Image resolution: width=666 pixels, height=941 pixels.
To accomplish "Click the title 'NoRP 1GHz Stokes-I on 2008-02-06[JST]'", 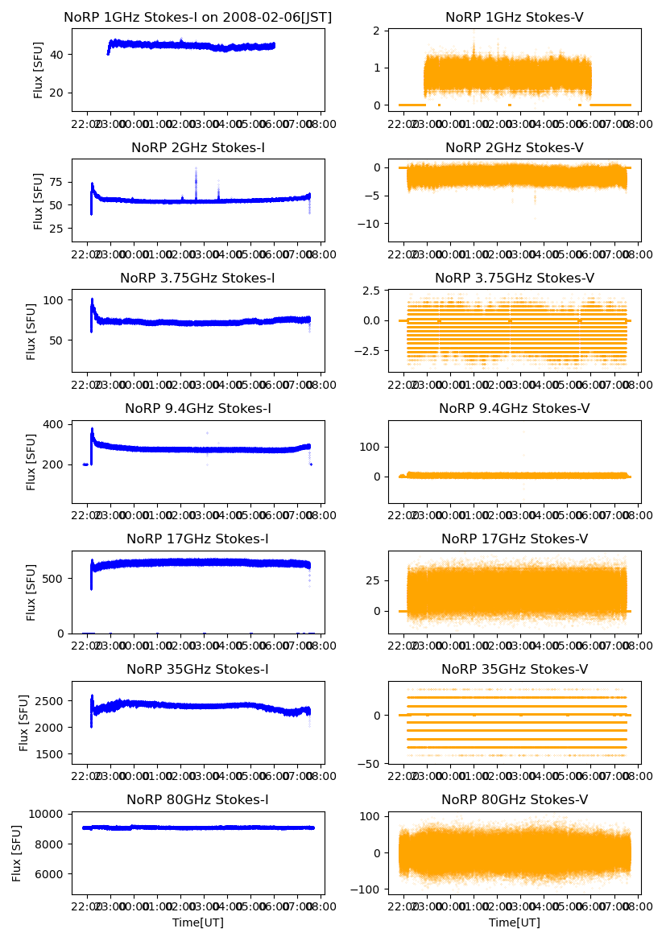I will (x=197, y=17).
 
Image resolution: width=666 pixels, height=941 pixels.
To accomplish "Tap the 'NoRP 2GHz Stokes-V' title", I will (x=514, y=147).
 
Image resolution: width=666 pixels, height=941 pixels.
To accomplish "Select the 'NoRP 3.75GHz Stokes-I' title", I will (x=197, y=278).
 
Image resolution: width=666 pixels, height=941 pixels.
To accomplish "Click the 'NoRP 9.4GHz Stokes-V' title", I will (x=514, y=408).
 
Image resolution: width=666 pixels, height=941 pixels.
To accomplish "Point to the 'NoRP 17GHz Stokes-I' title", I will (x=197, y=539).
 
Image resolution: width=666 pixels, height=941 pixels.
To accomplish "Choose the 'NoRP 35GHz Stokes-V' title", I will (x=514, y=669).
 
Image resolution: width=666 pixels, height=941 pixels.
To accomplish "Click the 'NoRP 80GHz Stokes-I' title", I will (x=197, y=799).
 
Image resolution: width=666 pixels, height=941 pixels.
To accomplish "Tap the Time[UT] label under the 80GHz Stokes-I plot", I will (x=197, y=922).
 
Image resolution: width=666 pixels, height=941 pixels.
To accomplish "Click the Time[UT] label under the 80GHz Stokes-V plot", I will (x=514, y=922).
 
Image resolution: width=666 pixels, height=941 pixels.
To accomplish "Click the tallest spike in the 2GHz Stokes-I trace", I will (x=196, y=169).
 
